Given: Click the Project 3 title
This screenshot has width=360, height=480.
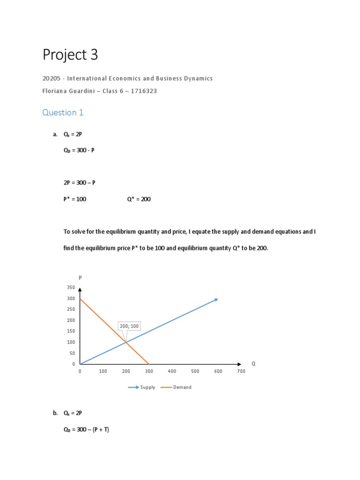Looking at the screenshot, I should pos(70,55).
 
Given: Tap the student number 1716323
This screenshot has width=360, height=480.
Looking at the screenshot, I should pos(144,91).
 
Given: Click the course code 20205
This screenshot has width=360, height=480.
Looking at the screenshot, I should pos(51,78).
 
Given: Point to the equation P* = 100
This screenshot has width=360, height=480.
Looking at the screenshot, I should pos(75,199).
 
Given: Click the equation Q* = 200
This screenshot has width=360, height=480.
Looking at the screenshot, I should pos(139,199).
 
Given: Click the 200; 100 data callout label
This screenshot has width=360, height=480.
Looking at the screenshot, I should pos(129,326).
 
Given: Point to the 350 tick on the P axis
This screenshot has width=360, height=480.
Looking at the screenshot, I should pos(71,287).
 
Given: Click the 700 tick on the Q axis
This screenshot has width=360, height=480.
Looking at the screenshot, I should pos(241,371).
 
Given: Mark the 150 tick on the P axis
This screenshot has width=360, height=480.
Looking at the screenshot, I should pos(71,331).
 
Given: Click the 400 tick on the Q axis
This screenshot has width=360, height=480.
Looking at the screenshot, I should pos(172,371).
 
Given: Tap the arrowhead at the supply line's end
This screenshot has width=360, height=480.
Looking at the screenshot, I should pos(216,299).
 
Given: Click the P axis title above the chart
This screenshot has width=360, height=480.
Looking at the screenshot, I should pos(80,277).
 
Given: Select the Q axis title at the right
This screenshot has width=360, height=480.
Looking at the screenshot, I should pos(254,364).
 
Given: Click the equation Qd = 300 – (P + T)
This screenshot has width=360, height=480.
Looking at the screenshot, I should pos(86,429).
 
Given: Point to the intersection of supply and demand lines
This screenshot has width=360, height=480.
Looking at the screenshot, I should pos(126,342).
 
